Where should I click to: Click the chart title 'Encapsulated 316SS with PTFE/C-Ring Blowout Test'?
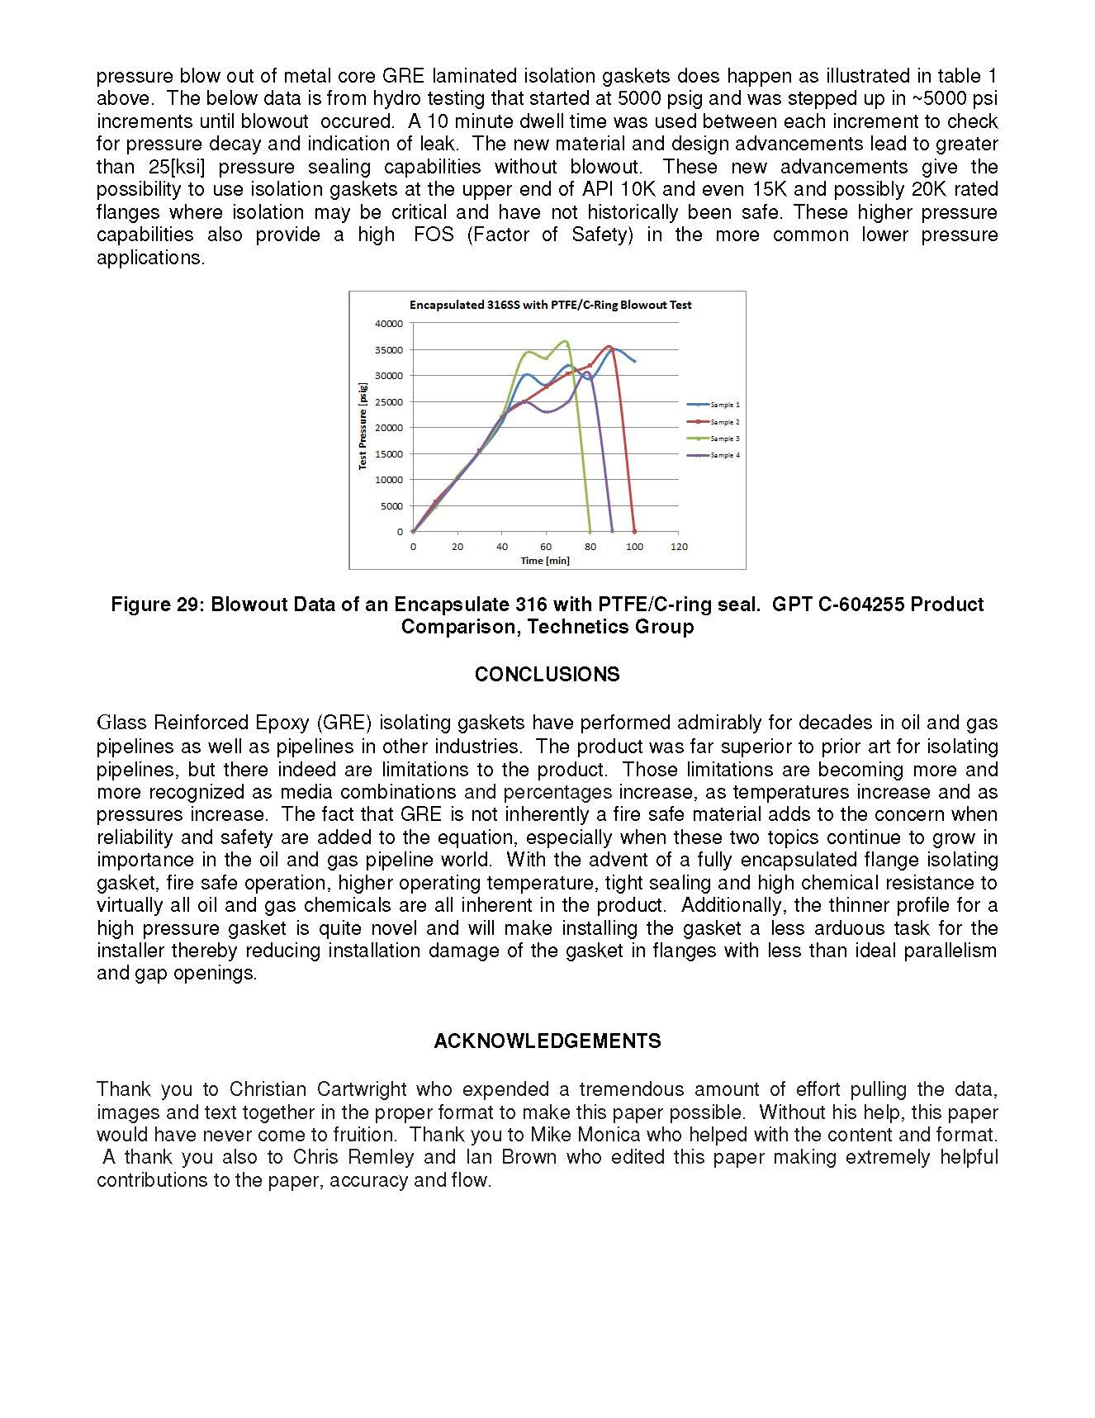(x=550, y=305)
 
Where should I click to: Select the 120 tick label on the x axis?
(x=679, y=547)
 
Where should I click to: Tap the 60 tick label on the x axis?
(x=546, y=547)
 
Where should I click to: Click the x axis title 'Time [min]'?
(x=545, y=561)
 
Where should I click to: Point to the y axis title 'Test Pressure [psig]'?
(x=363, y=427)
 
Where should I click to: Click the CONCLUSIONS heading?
(x=547, y=675)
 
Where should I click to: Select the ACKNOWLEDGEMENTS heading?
(x=547, y=1041)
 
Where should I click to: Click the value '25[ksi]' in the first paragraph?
(x=171, y=167)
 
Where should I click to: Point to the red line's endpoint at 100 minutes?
(x=634, y=531)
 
